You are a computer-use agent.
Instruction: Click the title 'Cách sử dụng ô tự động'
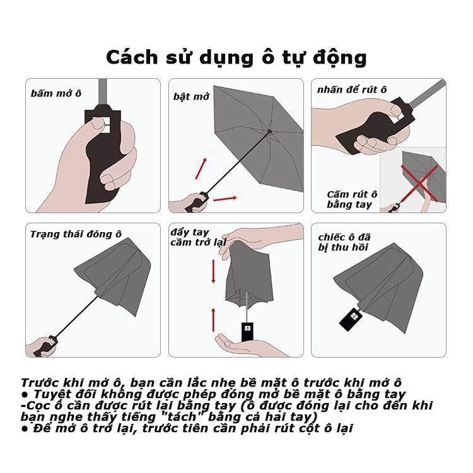[237, 57]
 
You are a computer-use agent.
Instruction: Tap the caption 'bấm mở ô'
[56, 93]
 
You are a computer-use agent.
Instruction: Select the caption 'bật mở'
[191, 96]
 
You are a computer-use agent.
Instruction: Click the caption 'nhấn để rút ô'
[352, 90]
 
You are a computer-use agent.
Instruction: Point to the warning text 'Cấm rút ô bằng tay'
[352, 199]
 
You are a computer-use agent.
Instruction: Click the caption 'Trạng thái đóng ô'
[76, 235]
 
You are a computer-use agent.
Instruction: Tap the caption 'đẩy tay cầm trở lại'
[198, 237]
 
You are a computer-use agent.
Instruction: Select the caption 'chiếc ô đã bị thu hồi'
[344, 242]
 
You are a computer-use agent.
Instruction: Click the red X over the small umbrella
[419, 183]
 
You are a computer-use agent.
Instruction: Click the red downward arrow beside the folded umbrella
[214, 271]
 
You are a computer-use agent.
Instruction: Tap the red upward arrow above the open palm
[214, 320]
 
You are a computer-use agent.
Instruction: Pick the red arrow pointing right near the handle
[225, 199]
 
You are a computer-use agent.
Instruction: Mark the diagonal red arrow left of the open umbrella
[201, 168]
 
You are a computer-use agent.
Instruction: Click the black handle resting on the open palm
[247, 332]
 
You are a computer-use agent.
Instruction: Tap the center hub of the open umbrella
[269, 131]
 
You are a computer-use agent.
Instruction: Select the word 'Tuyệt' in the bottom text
[49, 395]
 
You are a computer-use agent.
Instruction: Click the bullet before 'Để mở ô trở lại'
[25, 429]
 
